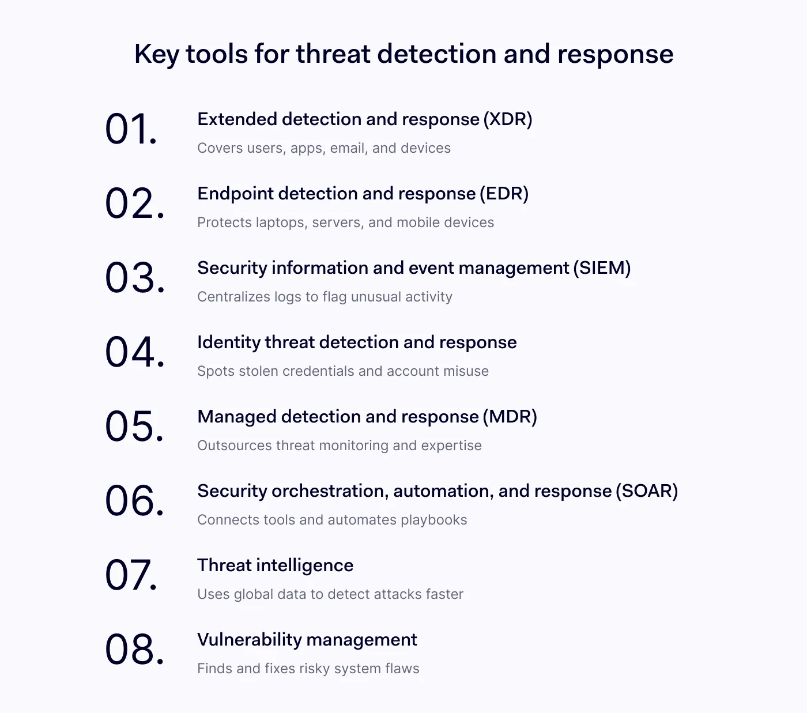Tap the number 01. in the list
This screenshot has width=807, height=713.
131,129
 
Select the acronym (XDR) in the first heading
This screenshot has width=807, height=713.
508,119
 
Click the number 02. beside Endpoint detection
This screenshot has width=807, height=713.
135,203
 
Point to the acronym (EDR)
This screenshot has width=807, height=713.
504,194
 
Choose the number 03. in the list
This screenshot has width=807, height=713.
135,278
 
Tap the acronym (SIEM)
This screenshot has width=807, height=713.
602,267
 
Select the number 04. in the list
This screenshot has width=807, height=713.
135,352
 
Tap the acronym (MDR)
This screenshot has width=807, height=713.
510,417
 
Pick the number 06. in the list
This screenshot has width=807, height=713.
135,501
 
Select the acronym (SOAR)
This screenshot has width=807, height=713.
647,491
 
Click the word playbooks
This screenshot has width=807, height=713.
434,520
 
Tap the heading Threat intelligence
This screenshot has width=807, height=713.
275,565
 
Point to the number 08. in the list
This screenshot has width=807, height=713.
135,649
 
